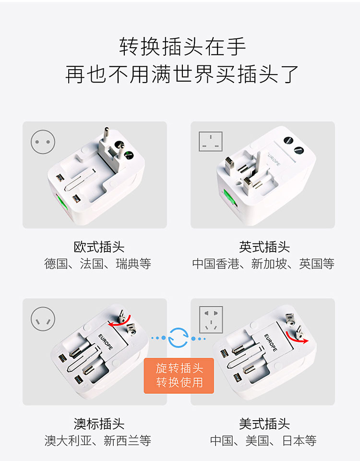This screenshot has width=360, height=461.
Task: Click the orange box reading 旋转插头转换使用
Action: tap(179, 376)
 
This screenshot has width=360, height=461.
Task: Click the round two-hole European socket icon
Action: tap(43, 142)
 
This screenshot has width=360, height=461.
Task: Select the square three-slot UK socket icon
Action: tap(210, 141)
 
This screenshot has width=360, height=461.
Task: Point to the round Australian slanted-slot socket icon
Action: tap(43, 319)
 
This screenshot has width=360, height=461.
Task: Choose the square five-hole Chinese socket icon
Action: tap(211, 319)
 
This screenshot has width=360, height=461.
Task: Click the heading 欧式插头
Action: tap(99, 247)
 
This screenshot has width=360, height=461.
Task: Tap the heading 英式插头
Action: tap(264, 247)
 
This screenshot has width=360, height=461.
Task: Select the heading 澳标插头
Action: tap(99, 424)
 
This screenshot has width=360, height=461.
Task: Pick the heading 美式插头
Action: tap(264, 424)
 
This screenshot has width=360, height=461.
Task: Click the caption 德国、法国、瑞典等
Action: tap(97, 264)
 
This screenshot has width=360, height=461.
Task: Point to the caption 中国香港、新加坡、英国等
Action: tap(264, 264)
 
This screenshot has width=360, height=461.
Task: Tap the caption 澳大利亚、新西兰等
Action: tap(97, 440)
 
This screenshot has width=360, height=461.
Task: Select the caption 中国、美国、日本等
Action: tap(264, 440)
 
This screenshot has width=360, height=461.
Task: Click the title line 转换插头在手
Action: tap(182, 47)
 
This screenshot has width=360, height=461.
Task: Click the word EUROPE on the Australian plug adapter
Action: tap(105, 342)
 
